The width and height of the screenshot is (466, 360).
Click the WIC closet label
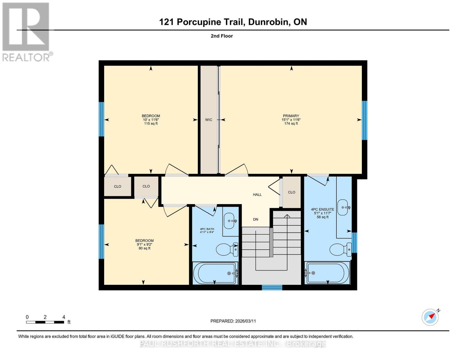coord(209,120)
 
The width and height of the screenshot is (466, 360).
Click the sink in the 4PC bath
coord(230,221)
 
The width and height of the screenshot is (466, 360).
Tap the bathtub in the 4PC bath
coord(215,273)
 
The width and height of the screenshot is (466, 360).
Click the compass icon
coord(430,317)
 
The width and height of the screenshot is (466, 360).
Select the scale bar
coord(45,322)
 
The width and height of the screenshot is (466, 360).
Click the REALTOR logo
coord(26,31)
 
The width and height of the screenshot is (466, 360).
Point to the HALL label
coord(257,195)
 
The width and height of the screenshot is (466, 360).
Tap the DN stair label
coord(255,219)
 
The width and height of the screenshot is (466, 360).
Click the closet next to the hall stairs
coord(291,192)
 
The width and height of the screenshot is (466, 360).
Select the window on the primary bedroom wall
coord(364,120)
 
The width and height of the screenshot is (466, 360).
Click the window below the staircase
coord(272,288)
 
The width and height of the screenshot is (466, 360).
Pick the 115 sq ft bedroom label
coord(151,120)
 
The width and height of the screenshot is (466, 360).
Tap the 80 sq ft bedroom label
coord(144,244)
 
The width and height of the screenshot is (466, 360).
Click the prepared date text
coord(233,321)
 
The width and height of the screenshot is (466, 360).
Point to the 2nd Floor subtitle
coord(222,36)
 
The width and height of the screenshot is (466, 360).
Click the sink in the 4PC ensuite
coord(343,207)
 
